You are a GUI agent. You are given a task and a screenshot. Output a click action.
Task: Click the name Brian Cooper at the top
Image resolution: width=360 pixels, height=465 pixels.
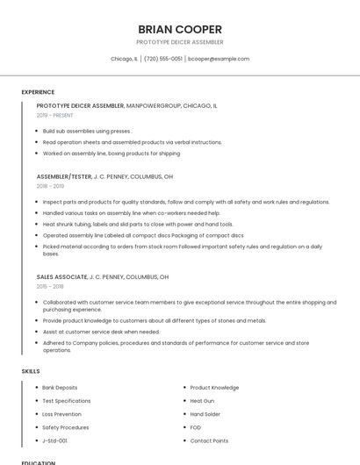180,28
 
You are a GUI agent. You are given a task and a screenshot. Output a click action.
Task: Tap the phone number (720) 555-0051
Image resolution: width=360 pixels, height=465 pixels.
162,59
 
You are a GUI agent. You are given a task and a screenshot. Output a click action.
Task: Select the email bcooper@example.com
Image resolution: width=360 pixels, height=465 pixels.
219,59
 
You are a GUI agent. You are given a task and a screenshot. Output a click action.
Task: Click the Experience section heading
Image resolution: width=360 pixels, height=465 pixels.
38,92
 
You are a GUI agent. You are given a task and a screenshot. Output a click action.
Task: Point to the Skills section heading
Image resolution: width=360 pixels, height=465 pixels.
31,371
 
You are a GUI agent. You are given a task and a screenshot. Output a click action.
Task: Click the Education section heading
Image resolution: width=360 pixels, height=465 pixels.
38,461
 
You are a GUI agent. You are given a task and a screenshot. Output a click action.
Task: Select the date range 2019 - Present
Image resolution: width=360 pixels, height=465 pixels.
56,115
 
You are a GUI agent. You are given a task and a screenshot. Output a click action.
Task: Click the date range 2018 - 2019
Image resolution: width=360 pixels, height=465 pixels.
50,186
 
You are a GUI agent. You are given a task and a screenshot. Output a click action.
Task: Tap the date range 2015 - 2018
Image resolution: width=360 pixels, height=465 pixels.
50,286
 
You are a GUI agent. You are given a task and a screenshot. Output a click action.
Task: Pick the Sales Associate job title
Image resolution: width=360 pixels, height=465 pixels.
62,276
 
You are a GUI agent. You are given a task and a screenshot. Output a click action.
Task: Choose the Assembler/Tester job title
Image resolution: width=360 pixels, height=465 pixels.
64,176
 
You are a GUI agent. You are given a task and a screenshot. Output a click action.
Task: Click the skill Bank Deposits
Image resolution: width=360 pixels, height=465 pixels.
60,387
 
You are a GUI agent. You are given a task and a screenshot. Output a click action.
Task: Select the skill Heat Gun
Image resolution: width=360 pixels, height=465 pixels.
202,400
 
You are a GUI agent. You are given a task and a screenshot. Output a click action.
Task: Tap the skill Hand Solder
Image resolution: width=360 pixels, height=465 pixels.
205,413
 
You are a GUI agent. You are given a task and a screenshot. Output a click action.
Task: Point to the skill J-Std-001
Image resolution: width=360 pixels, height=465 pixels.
55,440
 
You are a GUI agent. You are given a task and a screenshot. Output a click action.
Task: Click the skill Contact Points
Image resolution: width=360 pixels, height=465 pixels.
209,440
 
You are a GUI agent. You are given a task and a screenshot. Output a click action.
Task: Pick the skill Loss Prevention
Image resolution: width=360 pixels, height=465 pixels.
61,413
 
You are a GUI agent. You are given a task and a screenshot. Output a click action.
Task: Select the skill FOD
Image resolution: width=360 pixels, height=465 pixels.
196,427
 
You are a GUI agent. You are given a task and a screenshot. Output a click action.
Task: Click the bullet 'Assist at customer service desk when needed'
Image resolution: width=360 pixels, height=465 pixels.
101,332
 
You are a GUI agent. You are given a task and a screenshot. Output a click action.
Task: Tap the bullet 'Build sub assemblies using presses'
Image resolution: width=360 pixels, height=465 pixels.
87,131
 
